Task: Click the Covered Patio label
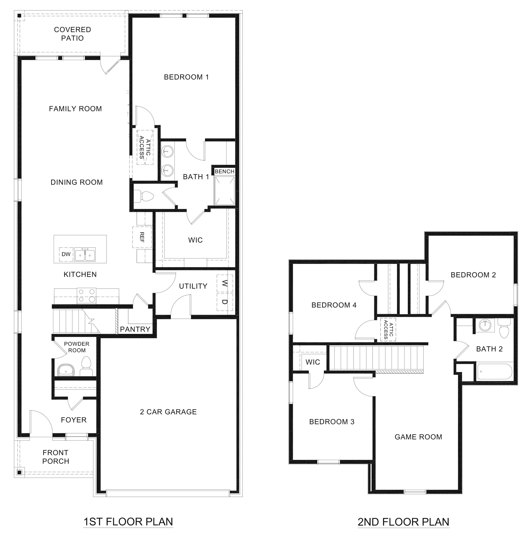[72, 34]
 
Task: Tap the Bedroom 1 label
[186, 77]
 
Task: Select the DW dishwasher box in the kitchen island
[66, 254]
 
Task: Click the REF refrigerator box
[142, 237]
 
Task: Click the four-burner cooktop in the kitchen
[86, 295]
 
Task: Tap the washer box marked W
[225, 283]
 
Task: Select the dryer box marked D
[225, 302]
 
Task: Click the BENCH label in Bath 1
[224, 172]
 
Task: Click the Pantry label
[135, 329]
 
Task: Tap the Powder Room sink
[66, 371]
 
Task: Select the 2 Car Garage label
[168, 412]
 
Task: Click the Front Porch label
[56, 457]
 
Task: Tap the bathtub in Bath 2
[495, 372]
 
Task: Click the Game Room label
[418, 437]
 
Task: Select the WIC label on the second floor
[313, 362]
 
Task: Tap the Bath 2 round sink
[485, 325]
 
